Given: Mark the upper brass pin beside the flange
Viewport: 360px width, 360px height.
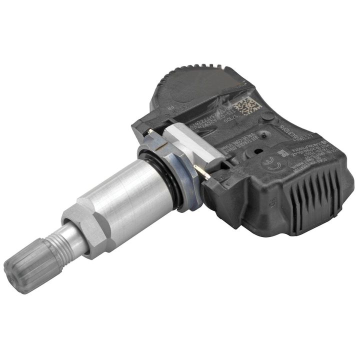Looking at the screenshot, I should [x=150, y=131].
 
